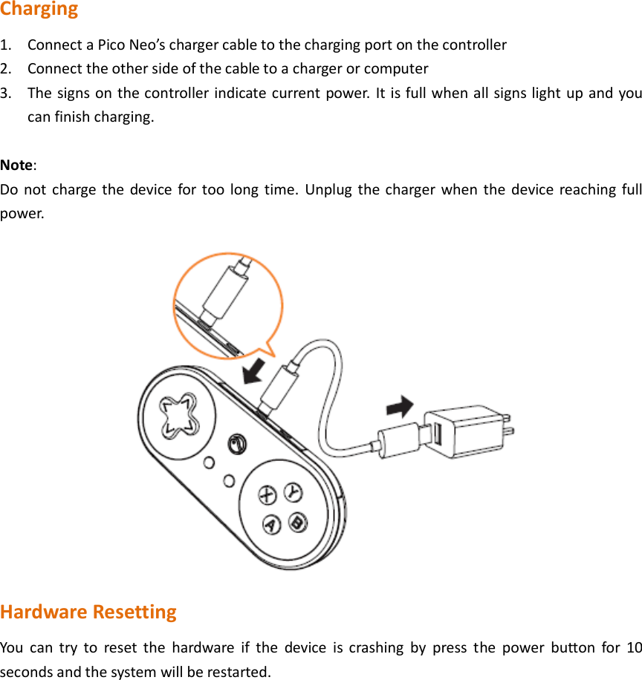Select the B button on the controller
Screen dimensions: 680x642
298,522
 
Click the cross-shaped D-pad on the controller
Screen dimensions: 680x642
178,414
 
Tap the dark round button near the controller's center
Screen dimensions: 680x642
237,443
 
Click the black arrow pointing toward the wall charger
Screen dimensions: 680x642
400,406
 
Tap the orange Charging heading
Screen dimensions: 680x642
39,10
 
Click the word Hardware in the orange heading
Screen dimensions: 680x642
43,612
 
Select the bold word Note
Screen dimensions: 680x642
17,164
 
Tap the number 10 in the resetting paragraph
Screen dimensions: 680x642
634,647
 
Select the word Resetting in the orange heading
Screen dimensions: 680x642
134,612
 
